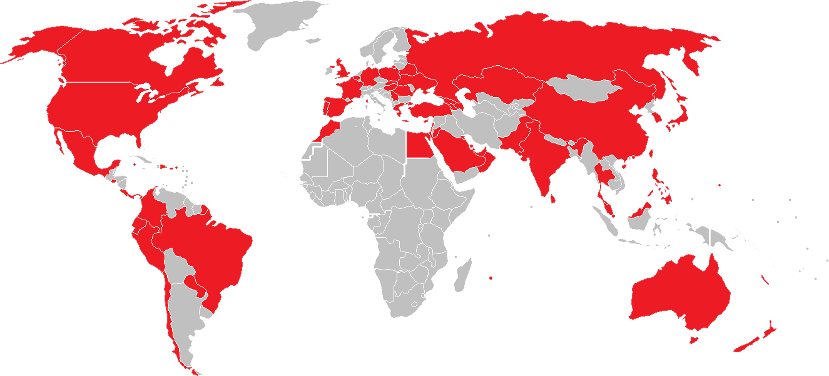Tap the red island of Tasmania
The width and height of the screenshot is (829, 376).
point(693,339)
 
